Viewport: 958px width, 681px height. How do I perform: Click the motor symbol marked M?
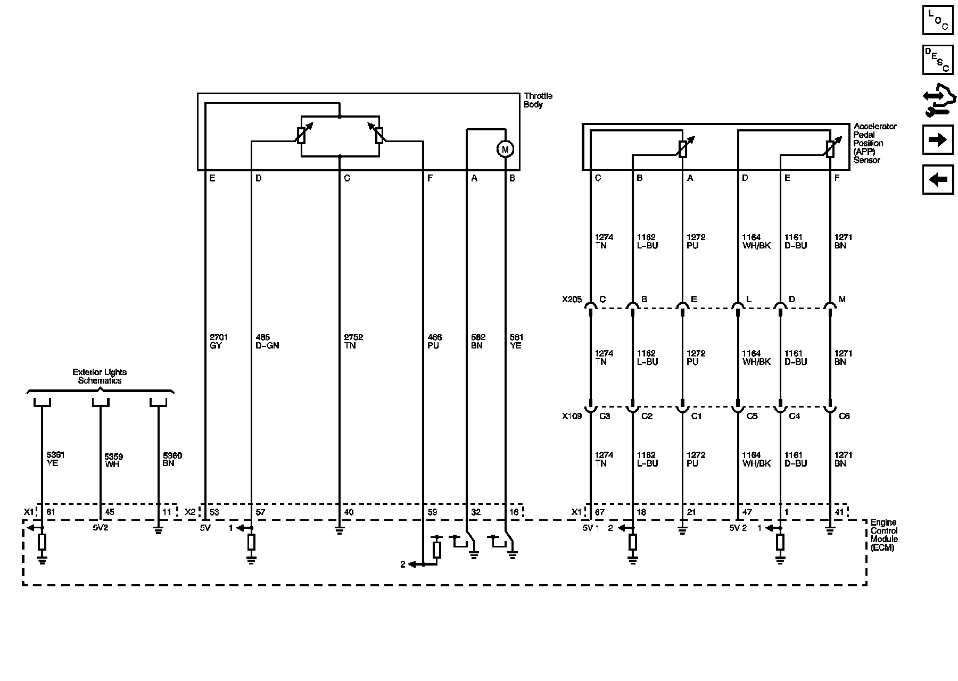coord(505,150)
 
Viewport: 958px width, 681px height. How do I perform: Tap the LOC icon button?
coord(938,20)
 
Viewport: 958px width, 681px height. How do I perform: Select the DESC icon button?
coord(938,60)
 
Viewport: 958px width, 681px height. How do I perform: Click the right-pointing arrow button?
coord(938,140)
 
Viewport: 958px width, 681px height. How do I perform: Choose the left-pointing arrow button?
coord(938,180)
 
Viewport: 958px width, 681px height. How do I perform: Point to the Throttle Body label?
coord(538,100)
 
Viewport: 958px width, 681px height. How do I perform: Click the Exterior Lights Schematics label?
coord(100,376)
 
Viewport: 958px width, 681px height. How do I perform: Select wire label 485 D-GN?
coord(267,341)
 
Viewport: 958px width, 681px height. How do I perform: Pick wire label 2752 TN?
coord(353,341)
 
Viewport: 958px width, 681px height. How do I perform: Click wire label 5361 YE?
coord(55,459)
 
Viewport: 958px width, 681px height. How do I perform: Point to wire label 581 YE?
coord(516,341)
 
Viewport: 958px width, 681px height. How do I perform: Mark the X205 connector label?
coord(572,300)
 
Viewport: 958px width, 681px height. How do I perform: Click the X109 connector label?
coord(572,416)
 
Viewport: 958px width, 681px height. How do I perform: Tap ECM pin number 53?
coord(214,512)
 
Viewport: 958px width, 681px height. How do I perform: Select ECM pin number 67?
coord(599,512)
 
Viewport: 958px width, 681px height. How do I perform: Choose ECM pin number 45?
coord(109,512)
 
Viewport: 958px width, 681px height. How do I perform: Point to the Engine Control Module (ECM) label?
coord(883,535)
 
